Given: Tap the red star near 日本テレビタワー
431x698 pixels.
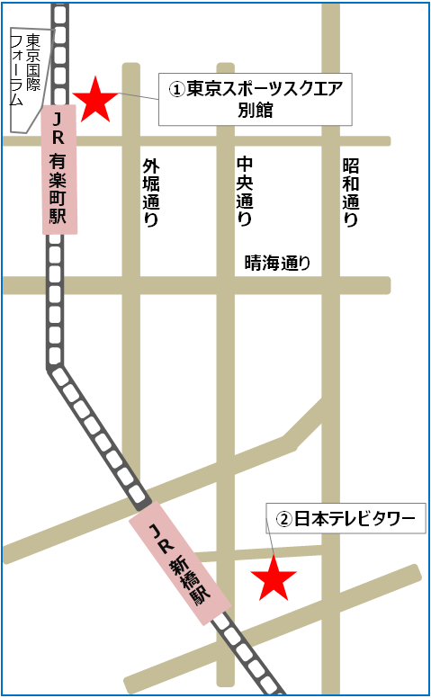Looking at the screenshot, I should tap(273, 579).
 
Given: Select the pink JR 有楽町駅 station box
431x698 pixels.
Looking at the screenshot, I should tap(59, 169).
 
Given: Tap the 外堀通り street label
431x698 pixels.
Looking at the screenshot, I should tap(151, 192).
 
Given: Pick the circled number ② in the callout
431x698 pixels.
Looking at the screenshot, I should tap(283, 519).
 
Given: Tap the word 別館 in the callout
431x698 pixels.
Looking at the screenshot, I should tap(255, 111).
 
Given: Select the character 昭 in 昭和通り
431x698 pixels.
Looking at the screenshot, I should tap(351, 166).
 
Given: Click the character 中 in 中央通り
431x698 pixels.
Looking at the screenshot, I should tap(244, 165).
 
